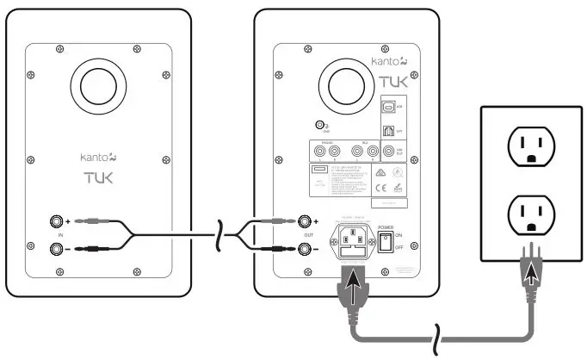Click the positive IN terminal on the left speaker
[x=58, y=221]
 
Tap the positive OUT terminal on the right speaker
[x=304, y=221]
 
